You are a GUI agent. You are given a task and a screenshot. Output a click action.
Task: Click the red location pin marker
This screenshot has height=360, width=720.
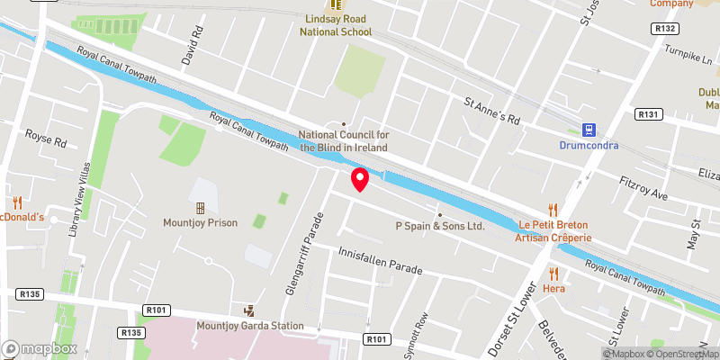coord(360,179)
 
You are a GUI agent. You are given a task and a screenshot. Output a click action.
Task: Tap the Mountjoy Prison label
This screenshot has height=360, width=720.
coord(201,222)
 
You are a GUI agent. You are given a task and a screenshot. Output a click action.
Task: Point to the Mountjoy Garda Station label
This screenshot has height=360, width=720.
coord(249,326)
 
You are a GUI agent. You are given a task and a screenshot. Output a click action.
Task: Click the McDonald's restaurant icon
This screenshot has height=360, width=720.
coord(16,203)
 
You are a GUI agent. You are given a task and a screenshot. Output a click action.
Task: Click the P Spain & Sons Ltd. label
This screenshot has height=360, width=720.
coord(440,226)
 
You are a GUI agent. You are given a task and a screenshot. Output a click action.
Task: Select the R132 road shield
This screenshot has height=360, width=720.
coord(667,29)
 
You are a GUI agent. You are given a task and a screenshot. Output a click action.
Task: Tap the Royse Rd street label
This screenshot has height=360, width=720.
coord(47,142)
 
